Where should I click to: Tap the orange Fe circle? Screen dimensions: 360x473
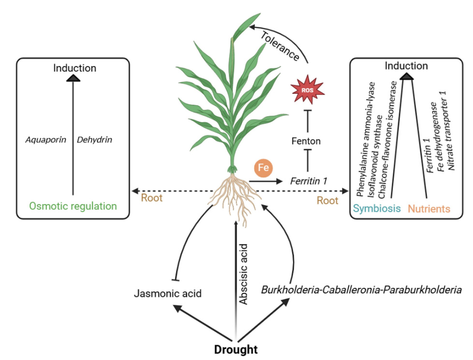tap(264, 168)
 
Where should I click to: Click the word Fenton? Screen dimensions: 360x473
tap(306, 141)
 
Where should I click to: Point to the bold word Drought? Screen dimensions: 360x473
tap(236, 349)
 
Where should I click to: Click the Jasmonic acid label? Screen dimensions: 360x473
tap(168, 293)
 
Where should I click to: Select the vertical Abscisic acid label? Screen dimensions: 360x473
tap(244, 278)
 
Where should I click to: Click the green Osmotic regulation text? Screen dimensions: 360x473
tap(73, 206)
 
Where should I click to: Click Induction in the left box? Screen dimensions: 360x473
tap(74, 68)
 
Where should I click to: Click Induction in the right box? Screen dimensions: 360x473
tap(406, 66)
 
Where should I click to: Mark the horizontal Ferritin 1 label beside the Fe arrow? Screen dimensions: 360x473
tap(309, 181)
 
